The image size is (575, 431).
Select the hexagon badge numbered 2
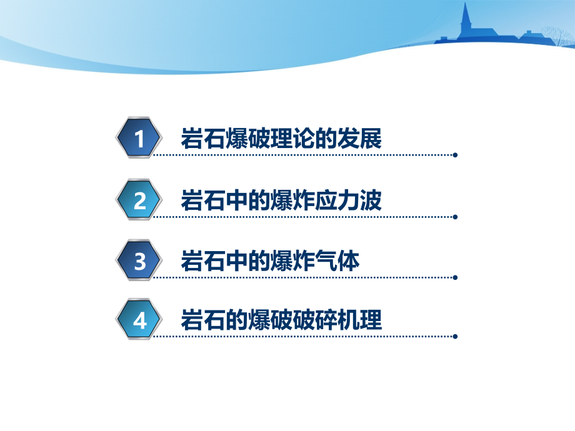pos(139,200)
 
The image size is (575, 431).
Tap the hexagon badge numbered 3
pos(139,260)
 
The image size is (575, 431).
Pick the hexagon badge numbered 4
pos(139,321)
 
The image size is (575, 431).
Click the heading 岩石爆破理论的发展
pos(281,138)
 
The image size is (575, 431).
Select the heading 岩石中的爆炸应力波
pos(281,200)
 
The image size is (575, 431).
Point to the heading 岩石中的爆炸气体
pos(270,260)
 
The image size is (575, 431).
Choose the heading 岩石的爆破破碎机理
pos(281,321)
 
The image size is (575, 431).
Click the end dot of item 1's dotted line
pos(455,155)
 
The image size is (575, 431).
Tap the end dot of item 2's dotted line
pos(455,217)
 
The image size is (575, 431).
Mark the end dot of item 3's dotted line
pos(455,277)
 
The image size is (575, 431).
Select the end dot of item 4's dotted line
pos(455,337)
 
